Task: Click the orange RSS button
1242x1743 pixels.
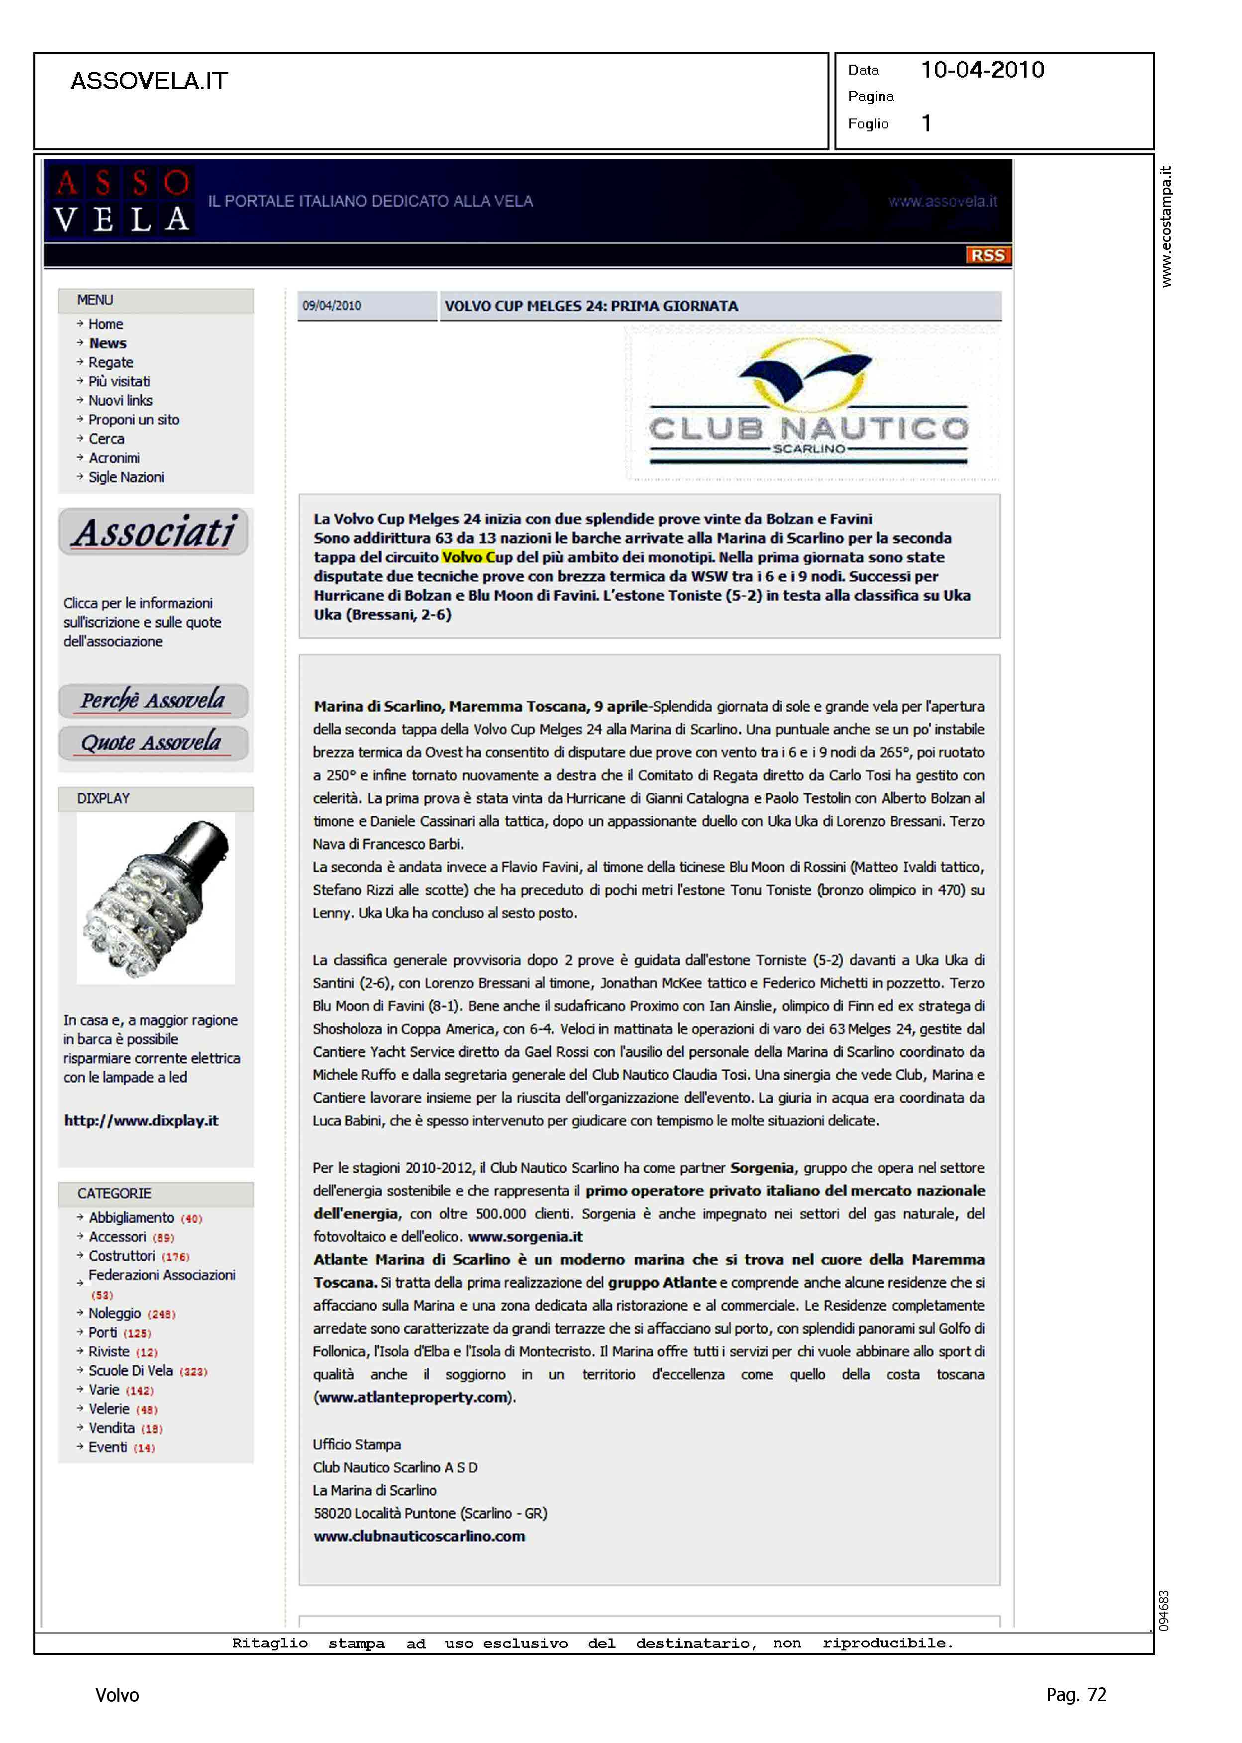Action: click(x=987, y=255)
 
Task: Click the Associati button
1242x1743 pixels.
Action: click(x=154, y=533)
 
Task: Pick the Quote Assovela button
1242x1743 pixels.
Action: click(x=153, y=743)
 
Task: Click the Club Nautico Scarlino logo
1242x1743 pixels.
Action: click(x=810, y=403)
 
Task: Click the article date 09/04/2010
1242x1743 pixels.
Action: click(x=332, y=306)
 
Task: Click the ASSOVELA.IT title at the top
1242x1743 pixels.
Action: click(x=149, y=81)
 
